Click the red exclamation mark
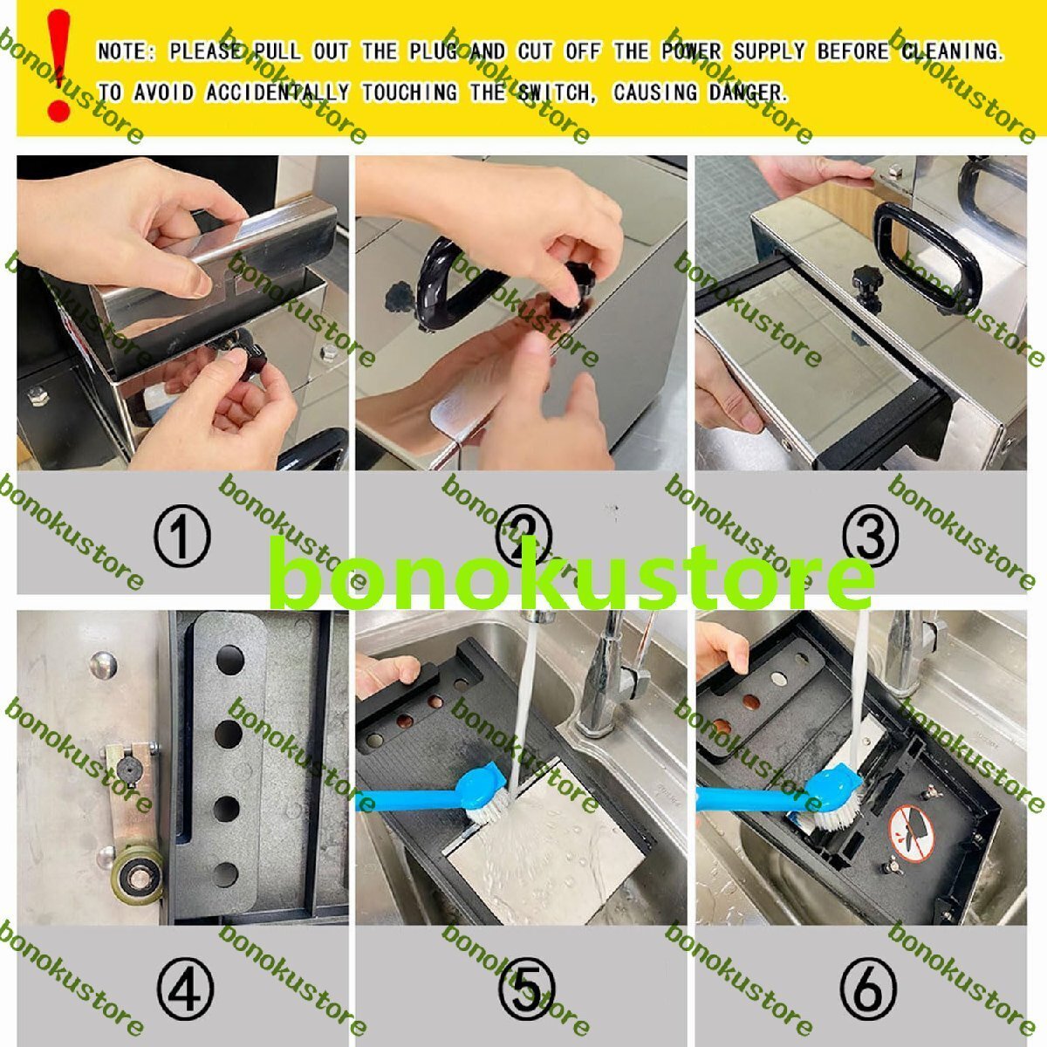pos(58,65)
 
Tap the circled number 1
pos(181,536)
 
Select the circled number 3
pos(870,536)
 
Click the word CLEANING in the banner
pos(952,51)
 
